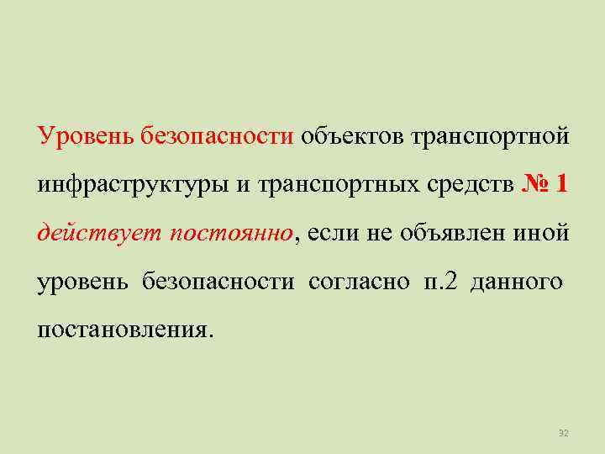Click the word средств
472,185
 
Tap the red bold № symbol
535,184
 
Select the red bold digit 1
562,184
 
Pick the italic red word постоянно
234,233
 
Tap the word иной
544,233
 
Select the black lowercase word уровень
82,282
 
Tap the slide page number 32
564,433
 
